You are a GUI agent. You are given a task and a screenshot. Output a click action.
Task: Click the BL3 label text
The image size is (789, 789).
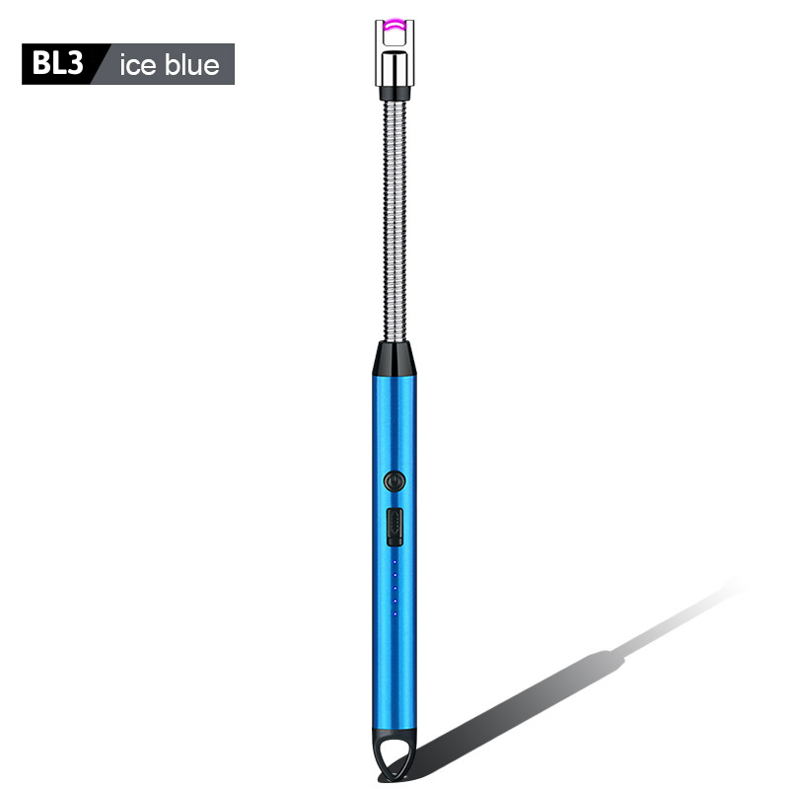[57, 63]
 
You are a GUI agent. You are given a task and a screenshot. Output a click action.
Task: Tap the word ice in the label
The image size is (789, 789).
[137, 65]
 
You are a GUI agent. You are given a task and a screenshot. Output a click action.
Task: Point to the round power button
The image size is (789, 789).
[394, 481]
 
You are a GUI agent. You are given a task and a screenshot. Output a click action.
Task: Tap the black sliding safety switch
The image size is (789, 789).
[394, 527]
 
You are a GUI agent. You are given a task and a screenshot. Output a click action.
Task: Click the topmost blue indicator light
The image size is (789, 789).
[394, 561]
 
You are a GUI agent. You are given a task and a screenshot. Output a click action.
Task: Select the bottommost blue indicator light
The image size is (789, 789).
[395, 613]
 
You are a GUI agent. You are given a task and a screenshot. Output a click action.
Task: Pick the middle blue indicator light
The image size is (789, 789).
[395, 588]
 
